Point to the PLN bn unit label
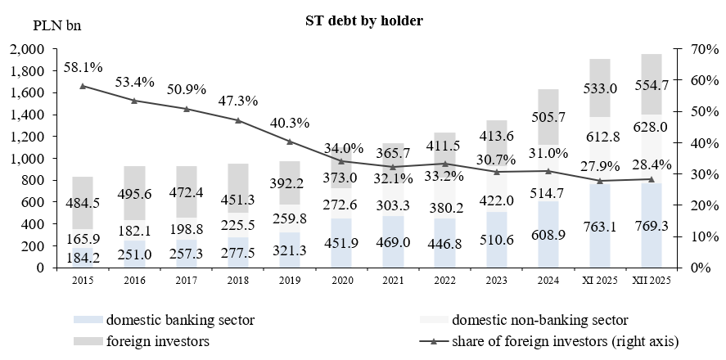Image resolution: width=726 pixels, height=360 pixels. click(x=57, y=24)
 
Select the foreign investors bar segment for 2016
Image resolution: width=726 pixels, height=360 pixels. click(x=135, y=182)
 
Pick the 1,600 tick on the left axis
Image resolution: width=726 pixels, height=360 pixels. click(x=30, y=92)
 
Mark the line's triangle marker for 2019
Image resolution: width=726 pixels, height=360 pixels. click(x=290, y=142)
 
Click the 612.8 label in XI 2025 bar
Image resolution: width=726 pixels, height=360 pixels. click(x=601, y=136)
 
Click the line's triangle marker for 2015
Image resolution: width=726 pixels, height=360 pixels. click(x=83, y=86)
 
